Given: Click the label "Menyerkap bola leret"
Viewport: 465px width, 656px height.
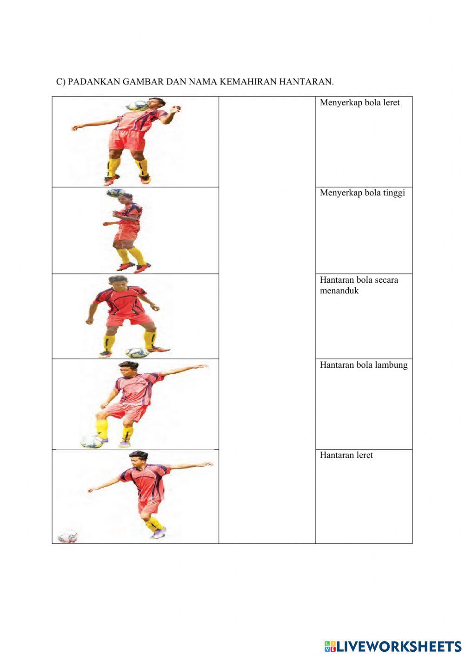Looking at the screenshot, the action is (359, 103).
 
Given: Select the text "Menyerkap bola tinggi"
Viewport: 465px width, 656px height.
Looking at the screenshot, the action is (362, 193).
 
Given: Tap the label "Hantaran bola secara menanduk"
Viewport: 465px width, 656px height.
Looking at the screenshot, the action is (359, 285).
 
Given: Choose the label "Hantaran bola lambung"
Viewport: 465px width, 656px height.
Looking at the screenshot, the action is (364, 365).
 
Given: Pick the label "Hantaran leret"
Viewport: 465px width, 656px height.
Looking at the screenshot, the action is (346, 455).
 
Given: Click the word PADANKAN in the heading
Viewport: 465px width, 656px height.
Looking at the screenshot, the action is (94, 81).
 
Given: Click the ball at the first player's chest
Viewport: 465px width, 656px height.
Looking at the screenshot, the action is (137, 106).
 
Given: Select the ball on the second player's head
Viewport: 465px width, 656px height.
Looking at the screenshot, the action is (116, 193).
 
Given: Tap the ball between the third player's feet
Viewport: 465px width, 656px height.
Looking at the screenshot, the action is (137, 353).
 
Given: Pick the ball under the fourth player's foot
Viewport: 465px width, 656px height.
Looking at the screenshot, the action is (92, 442).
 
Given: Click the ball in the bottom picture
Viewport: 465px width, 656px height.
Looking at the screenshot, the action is (67, 537).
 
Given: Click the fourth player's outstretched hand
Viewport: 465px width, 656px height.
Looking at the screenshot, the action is (203, 366).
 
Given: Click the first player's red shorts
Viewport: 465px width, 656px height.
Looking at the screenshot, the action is (127, 139).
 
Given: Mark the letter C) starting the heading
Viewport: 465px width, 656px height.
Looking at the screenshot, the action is (61, 82).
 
